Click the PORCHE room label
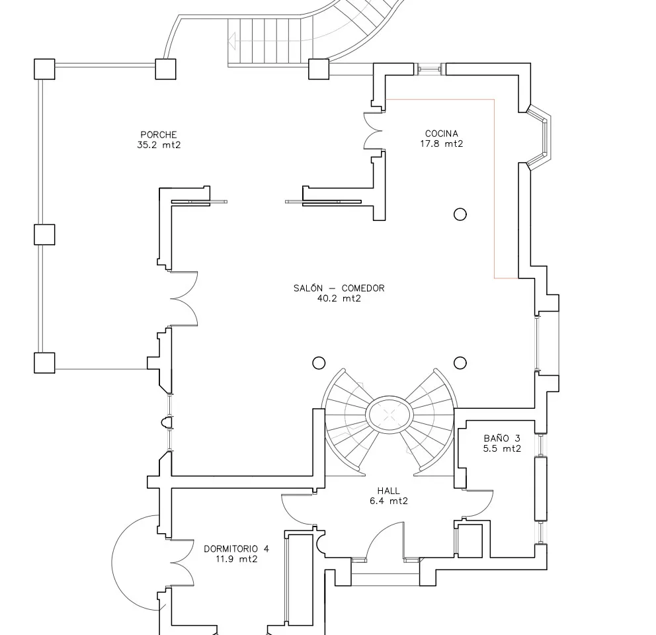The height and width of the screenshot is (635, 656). (158, 135)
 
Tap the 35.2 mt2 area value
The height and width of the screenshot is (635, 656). (158, 145)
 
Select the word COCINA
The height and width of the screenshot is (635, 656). (442, 134)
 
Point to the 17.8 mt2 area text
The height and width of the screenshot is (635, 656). (442, 144)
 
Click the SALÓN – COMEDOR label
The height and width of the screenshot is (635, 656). (339, 288)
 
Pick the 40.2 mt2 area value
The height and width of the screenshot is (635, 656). (339, 298)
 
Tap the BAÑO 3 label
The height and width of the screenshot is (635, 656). (502, 438)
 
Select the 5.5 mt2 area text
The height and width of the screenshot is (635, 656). (502, 448)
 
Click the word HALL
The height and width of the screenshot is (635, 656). (388, 491)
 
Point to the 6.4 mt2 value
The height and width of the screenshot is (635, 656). (388, 501)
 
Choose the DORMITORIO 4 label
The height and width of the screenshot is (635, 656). (236, 548)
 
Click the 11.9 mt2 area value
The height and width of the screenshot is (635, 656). (236, 559)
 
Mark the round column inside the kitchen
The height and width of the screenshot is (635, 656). (460, 214)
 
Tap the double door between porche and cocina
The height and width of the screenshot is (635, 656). (374, 130)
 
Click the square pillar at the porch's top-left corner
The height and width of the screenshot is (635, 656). (44, 69)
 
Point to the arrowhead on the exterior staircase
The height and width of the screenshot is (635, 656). (231, 41)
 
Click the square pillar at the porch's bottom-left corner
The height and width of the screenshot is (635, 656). (44, 362)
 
